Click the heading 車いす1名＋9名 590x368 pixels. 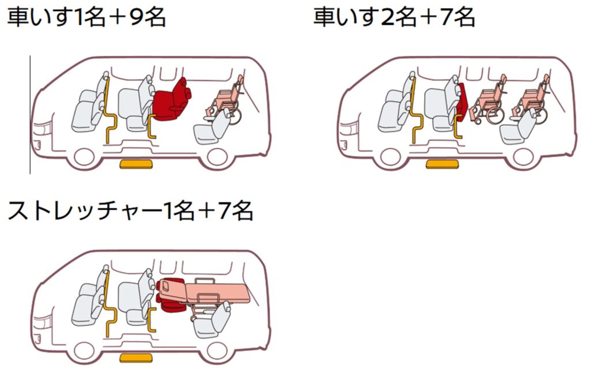[x=86, y=17]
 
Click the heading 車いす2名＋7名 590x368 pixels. [x=394, y=17]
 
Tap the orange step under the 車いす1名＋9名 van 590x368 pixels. [x=136, y=164]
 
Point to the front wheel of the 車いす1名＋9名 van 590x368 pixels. [x=84, y=156]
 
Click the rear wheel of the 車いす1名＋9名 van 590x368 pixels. [x=217, y=156]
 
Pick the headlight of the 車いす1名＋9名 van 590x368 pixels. [x=42, y=129]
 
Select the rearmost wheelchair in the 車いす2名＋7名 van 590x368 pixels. [x=531, y=99]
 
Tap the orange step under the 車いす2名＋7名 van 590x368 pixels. [x=442, y=164]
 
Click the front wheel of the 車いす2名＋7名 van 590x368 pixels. [x=391, y=156]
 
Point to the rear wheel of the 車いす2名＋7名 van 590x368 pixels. [x=523, y=156]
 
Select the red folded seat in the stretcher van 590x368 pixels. [x=171, y=295]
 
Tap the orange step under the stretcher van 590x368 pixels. [x=136, y=358]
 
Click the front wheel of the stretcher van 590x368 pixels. [x=84, y=350]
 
